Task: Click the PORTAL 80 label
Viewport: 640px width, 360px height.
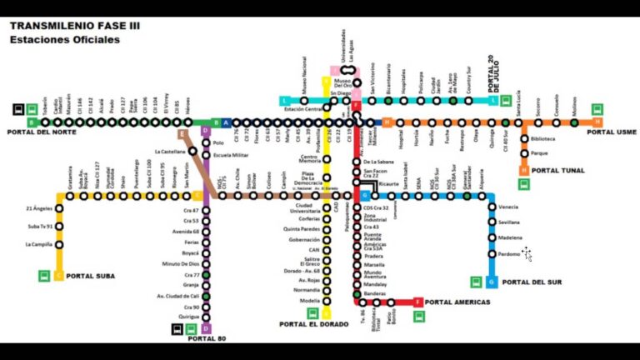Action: (x=207, y=338)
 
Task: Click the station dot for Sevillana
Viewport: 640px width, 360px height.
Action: (x=492, y=222)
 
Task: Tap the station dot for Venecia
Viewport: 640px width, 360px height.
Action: (x=492, y=207)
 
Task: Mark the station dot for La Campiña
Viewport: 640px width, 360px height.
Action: (x=58, y=244)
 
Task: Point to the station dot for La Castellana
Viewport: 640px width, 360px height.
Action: (x=193, y=152)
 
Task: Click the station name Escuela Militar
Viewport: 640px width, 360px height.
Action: (x=231, y=155)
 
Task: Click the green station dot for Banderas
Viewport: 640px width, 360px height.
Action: (x=357, y=294)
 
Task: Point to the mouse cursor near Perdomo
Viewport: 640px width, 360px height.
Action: (x=527, y=254)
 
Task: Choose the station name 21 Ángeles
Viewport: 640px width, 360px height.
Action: (x=39, y=208)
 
